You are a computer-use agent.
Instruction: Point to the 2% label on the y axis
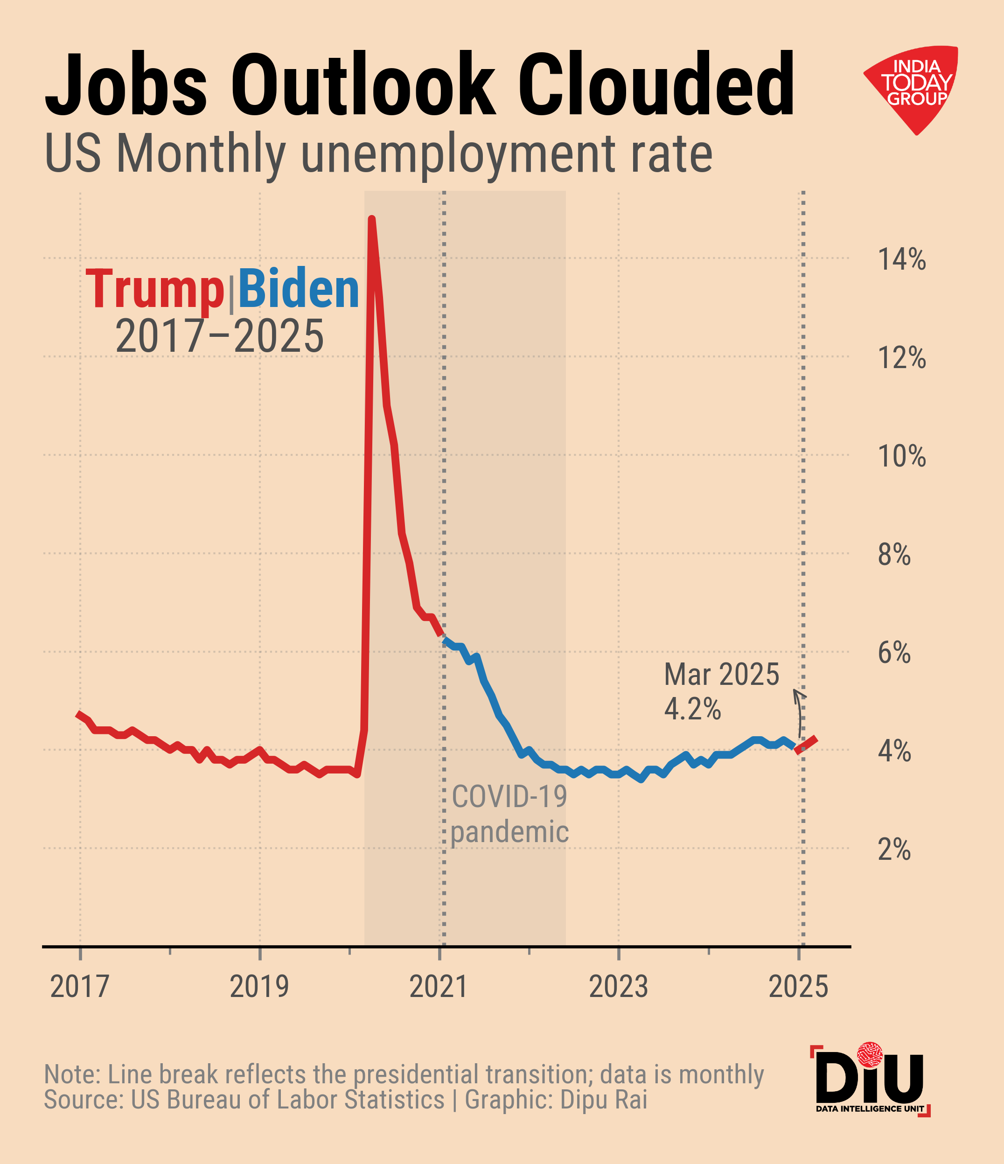[x=894, y=850]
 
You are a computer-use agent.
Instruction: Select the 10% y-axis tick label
[x=901, y=456]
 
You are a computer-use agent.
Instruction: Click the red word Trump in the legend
[x=155, y=289]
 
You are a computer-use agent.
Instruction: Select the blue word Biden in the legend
[x=298, y=289]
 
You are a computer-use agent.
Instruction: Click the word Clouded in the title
[x=655, y=84]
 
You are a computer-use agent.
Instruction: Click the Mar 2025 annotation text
[x=721, y=675]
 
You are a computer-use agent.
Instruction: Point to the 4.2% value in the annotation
[x=692, y=709]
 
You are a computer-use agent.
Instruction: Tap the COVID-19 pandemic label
[x=509, y=814]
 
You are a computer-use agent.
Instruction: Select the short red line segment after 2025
[x=806, y=744]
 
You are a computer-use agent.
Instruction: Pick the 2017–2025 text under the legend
[x=219, y=336]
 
